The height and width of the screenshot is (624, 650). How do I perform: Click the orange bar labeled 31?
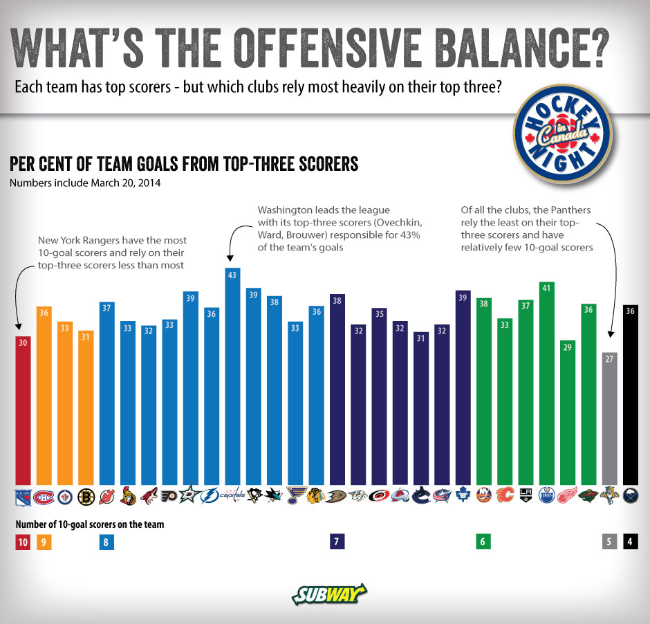pyautogui.click(x=86, y=407)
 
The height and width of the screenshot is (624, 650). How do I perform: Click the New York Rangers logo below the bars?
pyautogui.click(x=23, y=496)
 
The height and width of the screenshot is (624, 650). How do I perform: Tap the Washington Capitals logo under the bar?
pyautogui.click(x=233, y=496)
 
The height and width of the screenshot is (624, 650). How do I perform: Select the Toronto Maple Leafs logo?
pyautogui.click(x=463, y=496)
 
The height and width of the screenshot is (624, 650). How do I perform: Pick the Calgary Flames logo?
pyautogui.click(x=504, y=496)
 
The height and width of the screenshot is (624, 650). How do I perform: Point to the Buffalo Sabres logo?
pyautogui.click(x=630, y=496)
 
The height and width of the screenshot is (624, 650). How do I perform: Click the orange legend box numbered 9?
pyautogui.click(x=44, y=542)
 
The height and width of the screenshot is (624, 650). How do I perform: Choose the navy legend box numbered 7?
pyautogui.click(x=337, y=542)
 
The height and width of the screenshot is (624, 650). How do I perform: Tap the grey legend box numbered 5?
pyautogui.click(x=609, y=542)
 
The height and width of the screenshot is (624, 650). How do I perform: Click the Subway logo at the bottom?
pyautogui.click(x=328, y=594)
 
